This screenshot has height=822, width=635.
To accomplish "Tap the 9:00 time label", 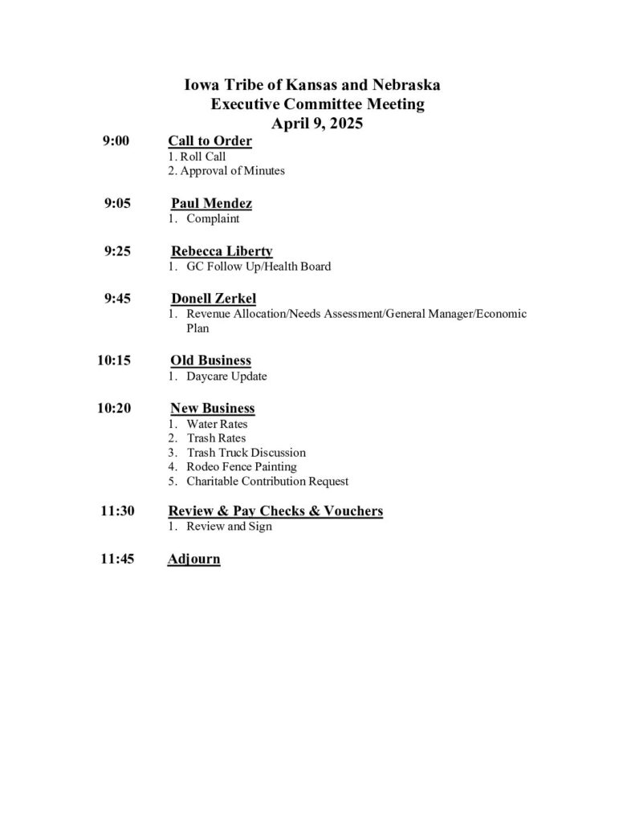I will click(x=116, y=142).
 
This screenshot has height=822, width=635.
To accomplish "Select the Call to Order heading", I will click(x=210, y=142).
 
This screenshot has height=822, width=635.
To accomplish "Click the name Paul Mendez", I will click(x=206, y=204).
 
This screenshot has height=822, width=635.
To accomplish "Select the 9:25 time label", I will click(x=117, y=251).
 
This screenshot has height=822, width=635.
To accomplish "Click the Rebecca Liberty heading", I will click(x=222, y=251).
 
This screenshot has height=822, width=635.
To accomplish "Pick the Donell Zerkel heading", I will click(x=214, y=299).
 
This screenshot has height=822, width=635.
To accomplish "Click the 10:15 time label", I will click(x=114, y=360).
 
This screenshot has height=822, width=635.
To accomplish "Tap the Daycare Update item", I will click(x=226, y=376).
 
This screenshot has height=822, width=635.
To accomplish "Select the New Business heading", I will click(x=213, y=409).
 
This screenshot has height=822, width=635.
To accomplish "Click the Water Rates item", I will click(x=217, y=423).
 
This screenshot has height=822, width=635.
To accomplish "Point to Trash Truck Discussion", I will click(x=246, y=453).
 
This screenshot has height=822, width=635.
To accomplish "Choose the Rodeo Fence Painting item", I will click(x=241, y=467).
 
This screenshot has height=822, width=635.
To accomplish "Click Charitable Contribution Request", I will click(x=267, y=482).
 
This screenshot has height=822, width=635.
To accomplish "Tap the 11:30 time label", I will click(x=117, y=511).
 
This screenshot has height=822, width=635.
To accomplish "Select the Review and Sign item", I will click(x=229, y=526).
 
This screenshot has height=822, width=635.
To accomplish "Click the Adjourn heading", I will click(x=193, y=559).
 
